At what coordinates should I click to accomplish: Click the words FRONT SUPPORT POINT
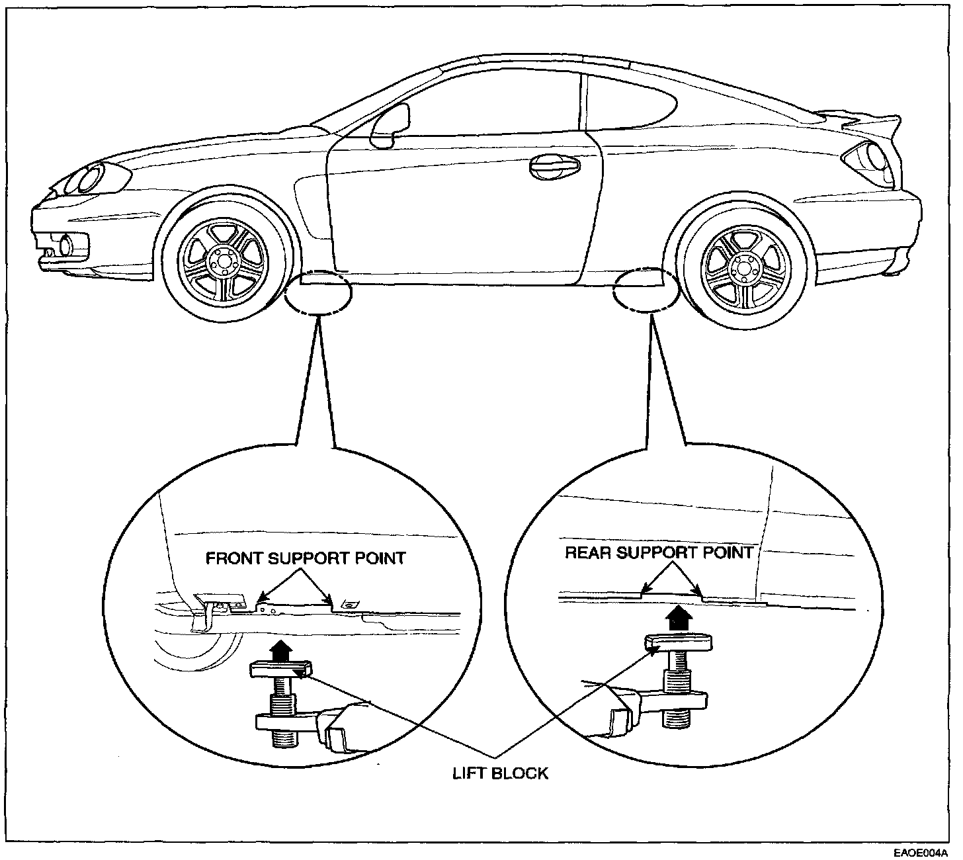(305, 558)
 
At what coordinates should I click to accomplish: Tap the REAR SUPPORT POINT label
(659, 552)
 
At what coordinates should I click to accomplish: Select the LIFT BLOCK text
(500, 773)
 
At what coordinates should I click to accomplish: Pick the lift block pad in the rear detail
(677, 641)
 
